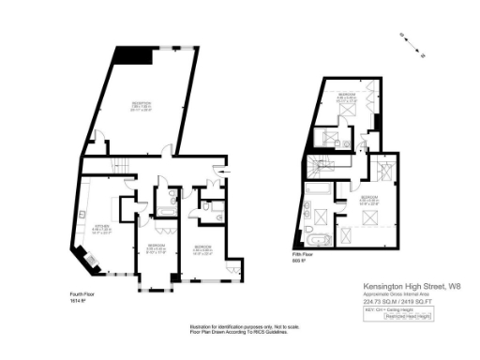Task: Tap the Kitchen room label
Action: (103, 227)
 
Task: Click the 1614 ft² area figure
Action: (77, 301)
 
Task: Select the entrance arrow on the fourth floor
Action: (218, 169)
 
